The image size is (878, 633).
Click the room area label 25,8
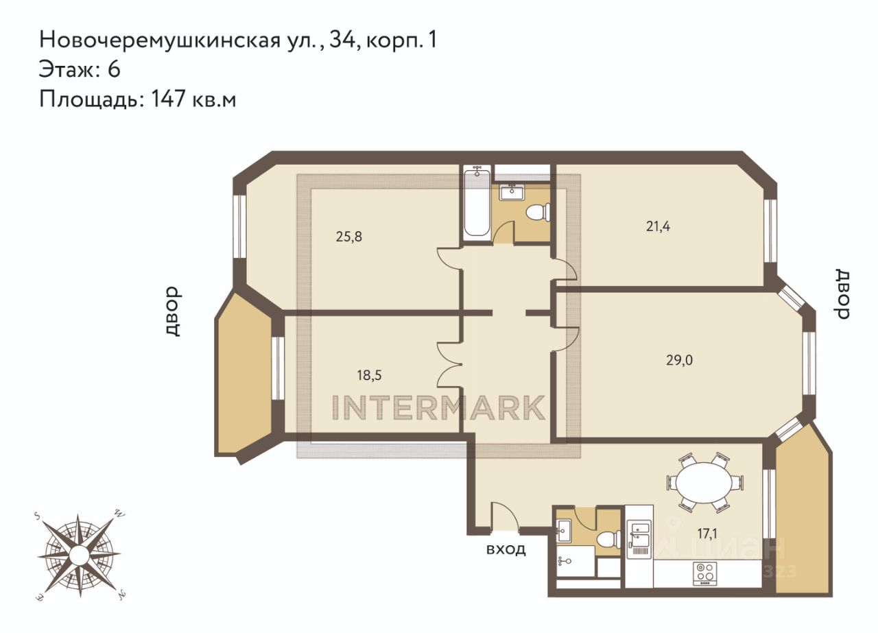(349, 237)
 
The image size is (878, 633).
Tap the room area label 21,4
(658, 226)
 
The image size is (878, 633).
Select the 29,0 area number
(679, 360)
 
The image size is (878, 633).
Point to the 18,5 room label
(369, 375)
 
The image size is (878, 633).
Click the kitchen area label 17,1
(707, 534)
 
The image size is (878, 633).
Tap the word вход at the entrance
(506, 549)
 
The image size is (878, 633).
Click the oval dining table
(704, 482)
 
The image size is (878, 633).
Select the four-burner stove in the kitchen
(705, 574)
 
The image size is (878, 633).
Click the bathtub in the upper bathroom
(476, 202)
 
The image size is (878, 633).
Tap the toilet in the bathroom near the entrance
(608, 538)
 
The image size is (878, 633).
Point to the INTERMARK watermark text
(438, 407)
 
